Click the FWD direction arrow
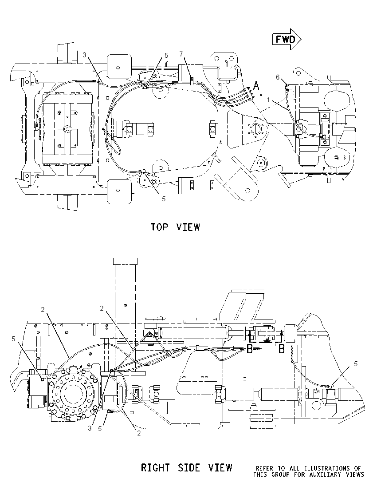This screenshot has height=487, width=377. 287,39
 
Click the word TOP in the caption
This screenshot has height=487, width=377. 160,227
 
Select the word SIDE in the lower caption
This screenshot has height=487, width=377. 189,467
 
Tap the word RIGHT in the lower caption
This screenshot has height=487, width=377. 155,467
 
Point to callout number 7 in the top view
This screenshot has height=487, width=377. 181,54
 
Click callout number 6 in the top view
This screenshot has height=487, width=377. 278,77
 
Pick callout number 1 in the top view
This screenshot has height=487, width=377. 268,100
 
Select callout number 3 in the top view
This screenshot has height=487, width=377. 84,55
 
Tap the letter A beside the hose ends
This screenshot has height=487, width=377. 256,85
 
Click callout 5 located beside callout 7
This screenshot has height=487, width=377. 166,55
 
